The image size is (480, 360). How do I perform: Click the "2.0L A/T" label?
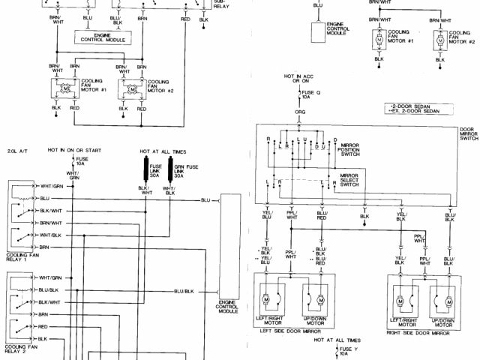tap(17, 150)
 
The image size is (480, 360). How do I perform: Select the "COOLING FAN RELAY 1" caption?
tap(21, 259)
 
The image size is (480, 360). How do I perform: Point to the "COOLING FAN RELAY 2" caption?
tap(21, 350)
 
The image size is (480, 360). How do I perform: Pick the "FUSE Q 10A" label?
tap(307, 94)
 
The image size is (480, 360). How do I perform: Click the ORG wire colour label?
tap(300, 112)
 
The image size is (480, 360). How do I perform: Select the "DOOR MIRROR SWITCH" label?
tap(469, 132)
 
